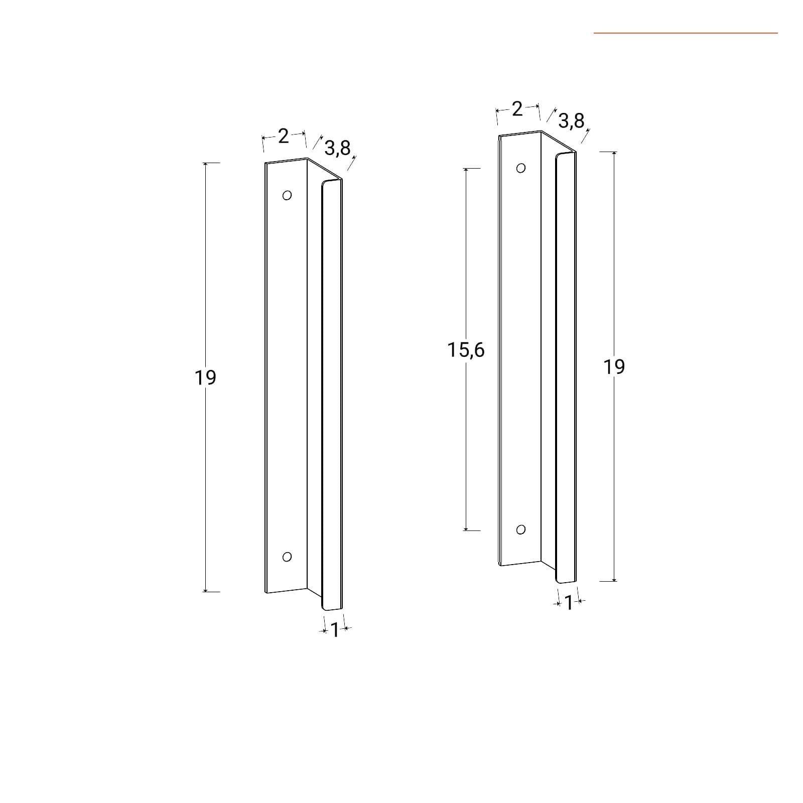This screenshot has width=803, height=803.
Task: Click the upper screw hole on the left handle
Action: coord(287,195)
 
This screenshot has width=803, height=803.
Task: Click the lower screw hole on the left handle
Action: coord(287,557)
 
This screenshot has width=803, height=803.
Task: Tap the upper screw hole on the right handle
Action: coord(521,168)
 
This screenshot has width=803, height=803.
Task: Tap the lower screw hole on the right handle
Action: coord(521,529)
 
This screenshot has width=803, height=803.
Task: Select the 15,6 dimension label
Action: coord(466,350)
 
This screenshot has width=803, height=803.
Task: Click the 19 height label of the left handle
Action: coord(205,377)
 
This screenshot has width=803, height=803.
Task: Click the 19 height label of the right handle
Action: coord(614,367)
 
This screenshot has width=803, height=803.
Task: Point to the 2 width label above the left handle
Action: coord(284,136)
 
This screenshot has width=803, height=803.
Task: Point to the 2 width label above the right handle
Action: coord(517,108)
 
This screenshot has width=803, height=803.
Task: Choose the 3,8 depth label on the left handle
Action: coord(337,148)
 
